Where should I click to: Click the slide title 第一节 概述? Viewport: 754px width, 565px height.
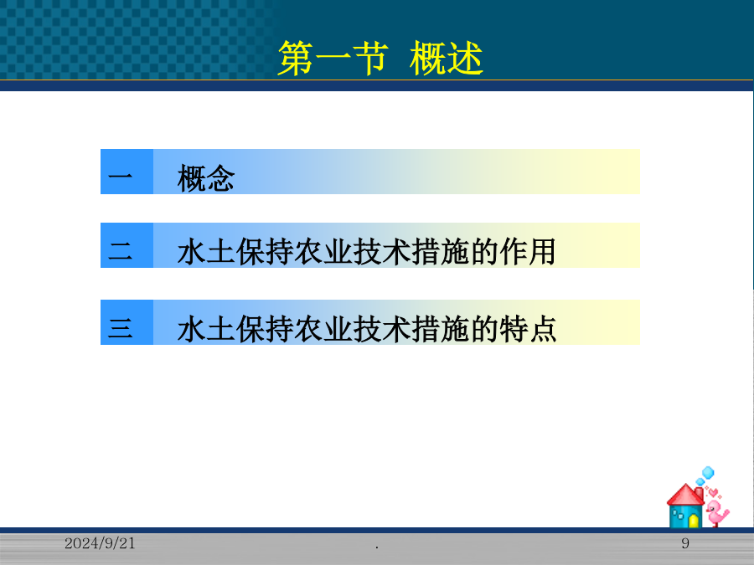[380, 58]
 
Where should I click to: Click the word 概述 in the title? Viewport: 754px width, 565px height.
[447, 58]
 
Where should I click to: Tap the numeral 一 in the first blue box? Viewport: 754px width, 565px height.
[120, 176]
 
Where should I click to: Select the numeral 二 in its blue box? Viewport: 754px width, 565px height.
[120, 250]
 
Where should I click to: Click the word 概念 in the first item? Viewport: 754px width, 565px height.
[206, 178]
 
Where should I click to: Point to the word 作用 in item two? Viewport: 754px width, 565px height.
[528, 251]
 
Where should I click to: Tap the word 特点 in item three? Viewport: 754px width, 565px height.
[528, 329]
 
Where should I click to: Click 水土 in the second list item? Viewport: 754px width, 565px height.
[206, 251]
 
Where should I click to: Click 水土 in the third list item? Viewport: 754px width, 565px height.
[206, 329]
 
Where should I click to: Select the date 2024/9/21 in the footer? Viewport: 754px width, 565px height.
[100, 543]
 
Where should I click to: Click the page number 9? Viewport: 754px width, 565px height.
[685, 543]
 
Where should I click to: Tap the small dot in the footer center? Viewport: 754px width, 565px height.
[377, 547]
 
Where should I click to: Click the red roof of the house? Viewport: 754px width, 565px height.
[685, 495]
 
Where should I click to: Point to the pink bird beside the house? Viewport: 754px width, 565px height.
[717, 512]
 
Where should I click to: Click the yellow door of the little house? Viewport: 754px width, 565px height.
[694, 521]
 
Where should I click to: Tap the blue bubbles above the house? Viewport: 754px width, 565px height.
[705, 475]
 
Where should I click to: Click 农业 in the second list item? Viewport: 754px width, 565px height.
[323, 251]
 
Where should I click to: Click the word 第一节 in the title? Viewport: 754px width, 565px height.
[333, 58]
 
